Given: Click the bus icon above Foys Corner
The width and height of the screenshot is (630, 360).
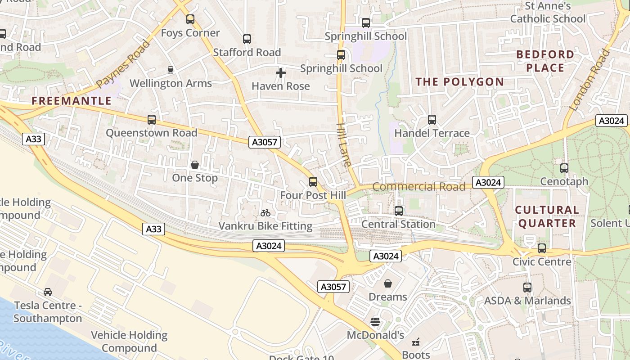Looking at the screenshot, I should point(190,19).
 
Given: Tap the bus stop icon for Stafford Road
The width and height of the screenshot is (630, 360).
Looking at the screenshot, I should point(247,39).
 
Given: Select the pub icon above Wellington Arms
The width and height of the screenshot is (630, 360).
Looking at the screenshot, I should point(171,70).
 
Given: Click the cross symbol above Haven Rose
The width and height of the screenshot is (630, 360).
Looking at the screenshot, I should point(281,72).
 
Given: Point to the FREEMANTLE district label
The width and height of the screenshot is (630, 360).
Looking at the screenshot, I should point(72,101).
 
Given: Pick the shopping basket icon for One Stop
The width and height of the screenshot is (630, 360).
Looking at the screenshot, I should point(195,165).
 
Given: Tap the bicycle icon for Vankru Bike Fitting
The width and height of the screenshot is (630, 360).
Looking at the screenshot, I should point(265,213).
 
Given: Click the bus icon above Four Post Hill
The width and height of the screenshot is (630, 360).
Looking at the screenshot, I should point(313,182).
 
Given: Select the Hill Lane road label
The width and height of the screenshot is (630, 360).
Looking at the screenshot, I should point(344,145).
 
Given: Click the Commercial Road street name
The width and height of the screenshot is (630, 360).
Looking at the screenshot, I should point(418,187).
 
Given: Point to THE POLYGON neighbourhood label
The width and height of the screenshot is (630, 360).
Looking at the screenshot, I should point(459,82).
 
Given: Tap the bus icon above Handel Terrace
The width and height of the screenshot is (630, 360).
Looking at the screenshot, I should point(432,120).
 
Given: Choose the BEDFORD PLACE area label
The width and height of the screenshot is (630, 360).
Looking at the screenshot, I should point(545,61).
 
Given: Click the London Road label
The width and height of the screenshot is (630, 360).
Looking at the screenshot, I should point(589,80).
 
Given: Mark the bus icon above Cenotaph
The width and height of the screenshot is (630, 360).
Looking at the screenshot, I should point(564,168).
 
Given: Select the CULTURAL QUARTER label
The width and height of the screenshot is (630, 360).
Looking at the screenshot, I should point(547,216).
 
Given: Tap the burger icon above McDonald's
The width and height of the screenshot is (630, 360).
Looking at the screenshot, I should point(375,321).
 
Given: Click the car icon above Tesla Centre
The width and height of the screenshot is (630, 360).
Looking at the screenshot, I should point(48,292).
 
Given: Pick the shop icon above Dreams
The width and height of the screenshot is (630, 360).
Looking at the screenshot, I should point(388,283).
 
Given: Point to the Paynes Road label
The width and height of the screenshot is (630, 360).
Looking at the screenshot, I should point(122,64).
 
